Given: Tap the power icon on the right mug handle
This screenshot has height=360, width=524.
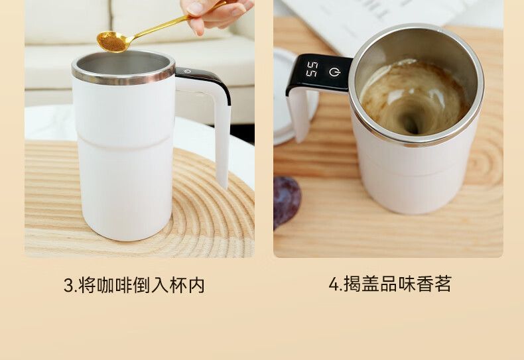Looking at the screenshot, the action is pos(334,72).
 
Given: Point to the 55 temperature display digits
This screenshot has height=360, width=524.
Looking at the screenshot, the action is pos(312,69).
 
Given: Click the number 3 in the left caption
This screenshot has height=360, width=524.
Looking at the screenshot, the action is pos(68,286).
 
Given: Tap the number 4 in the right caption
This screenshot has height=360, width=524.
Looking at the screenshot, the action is pos(334,284).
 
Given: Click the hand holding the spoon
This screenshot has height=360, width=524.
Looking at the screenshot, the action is pos(217,13).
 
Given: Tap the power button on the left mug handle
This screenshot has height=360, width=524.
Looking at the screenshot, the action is pos(188,71).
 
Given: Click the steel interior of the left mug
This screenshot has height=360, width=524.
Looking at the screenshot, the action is pos(123,64).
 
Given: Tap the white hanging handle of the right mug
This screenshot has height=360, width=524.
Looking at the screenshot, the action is pos(298,113).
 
